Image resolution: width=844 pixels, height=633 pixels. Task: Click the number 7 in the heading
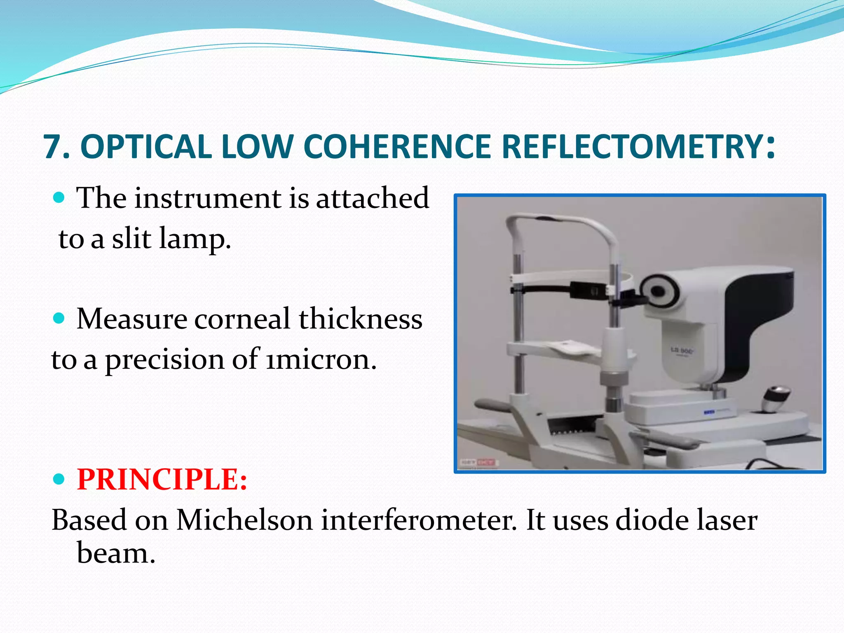[x=54, y=147]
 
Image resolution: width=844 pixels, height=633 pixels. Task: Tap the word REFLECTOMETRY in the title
[x=633, y=147]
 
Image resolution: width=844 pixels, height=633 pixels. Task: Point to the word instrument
[x=208, y=198]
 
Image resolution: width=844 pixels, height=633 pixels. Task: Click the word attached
[x=373, y=198]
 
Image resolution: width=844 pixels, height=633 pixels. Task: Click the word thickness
[x=360, y=319]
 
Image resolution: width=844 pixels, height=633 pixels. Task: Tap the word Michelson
[x=244, y=520]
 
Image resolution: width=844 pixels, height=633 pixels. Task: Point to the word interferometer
[x=418, y=520]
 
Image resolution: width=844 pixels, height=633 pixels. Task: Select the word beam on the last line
[x=115, y=553]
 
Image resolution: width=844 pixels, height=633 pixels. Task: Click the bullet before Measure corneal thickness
[x=60, y=318]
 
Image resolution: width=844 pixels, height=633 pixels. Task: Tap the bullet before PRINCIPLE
[x=60, y=479]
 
